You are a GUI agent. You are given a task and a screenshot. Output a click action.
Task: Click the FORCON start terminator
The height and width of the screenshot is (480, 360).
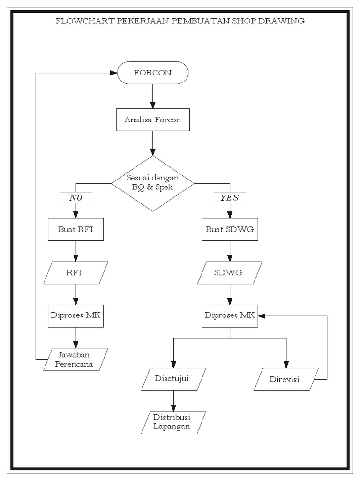point(153,73)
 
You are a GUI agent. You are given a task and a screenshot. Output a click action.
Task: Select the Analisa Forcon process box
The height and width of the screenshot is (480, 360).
point(153,120)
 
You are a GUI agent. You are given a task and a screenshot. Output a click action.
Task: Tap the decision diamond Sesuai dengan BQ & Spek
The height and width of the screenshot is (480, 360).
point(153,182)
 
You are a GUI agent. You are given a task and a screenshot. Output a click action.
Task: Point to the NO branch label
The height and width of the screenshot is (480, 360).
point(75,198)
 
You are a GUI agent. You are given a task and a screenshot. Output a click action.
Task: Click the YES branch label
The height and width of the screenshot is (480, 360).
point(229,198)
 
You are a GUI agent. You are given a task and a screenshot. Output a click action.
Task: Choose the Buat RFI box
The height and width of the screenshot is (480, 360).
point(75,230)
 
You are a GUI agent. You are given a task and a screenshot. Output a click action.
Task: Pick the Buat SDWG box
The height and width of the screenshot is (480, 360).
point(230,230)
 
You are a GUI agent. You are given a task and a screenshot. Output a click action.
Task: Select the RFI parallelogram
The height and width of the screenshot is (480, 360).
point(75,272)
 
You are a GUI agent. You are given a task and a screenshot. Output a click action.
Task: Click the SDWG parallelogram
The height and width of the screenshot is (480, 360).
point(230,272)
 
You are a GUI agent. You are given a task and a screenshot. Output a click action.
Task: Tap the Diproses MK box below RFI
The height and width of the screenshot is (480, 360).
point(75,315)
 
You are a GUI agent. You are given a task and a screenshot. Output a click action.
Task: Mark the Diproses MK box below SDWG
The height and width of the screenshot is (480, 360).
point(230,315)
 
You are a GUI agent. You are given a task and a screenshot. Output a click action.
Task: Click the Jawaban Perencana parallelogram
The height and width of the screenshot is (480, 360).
point(75,360)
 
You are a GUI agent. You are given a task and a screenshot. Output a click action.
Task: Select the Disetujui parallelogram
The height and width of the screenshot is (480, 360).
point(173,379)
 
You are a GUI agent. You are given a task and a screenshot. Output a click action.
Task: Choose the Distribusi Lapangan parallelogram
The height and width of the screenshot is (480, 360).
point(173,422)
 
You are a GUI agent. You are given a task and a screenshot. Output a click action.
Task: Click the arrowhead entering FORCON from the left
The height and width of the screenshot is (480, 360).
point(113,73)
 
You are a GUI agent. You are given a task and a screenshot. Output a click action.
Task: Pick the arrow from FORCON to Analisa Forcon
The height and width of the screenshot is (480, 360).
point(153,96)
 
